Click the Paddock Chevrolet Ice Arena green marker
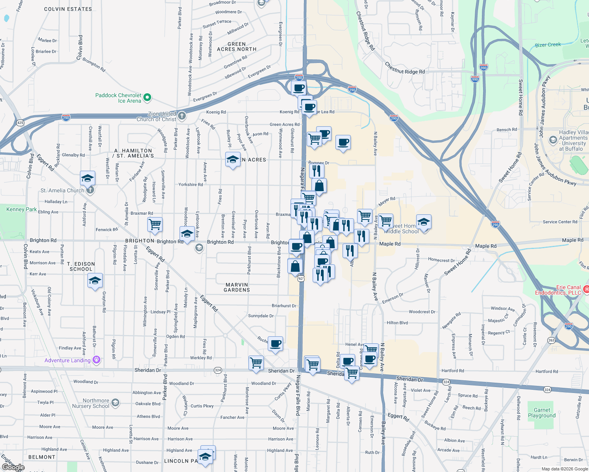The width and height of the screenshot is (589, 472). (x=147, y=97)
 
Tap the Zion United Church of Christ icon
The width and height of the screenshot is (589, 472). (x=182, y=116)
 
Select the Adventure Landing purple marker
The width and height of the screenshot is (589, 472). (x=96, y=360)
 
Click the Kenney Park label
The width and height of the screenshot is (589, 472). (x=21, y=209)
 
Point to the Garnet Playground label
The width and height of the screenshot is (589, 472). (x=542, y=413)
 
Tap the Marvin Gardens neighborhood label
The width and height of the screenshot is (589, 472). (x=237, y=287)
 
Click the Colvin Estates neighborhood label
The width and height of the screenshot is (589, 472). (x=68, y=9)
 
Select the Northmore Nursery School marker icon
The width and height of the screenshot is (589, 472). (x=115, y=402)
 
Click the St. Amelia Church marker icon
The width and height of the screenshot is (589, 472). (x=90, y=190)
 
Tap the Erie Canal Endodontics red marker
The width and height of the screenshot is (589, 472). (x=586, y=289)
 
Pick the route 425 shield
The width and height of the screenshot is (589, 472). (x=20, y=123)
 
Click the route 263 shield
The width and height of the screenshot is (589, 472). (x=551, y=340)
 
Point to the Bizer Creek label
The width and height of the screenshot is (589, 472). (x=548, y=45)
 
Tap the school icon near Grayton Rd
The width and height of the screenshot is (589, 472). (x=95, y=281)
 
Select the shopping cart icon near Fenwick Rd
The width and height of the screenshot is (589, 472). (x=155, y=225)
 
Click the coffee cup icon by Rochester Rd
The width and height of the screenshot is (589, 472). (x=276, y=343)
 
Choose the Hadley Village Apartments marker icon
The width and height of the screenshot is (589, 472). (x=553, y=140)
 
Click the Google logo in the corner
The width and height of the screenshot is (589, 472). (x=13, y=467)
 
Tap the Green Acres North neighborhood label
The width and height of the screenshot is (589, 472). (x=237, y=47)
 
